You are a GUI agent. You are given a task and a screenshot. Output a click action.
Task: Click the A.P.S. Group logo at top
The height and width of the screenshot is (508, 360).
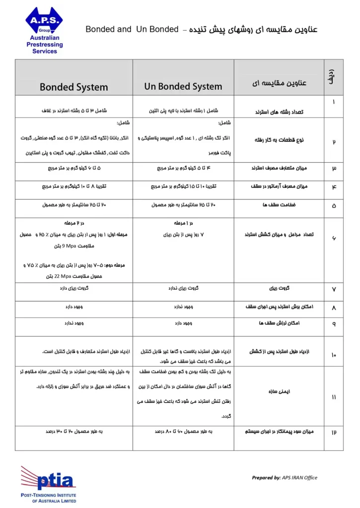tap(44, 21)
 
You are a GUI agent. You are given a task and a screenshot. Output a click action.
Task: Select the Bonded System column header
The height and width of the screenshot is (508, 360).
tap(73, 87)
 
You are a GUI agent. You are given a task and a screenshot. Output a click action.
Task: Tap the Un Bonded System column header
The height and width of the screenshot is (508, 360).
tap(183, 86)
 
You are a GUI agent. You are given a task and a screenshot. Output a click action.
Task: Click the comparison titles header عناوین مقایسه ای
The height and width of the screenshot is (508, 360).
tap(279, 83)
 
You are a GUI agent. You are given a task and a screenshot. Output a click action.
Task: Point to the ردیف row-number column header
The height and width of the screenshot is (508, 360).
tap(332, 78)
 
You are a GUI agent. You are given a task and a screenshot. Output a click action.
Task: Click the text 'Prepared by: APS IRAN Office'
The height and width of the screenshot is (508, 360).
tap(285, 478)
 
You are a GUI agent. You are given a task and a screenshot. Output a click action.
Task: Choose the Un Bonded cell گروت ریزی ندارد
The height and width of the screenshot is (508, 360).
tap(183, 287)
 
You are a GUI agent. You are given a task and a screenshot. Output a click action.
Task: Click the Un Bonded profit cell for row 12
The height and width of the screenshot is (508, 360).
tap(183, 432)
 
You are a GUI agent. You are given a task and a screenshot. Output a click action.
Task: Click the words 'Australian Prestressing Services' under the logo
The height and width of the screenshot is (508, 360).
tap(45, 45)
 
